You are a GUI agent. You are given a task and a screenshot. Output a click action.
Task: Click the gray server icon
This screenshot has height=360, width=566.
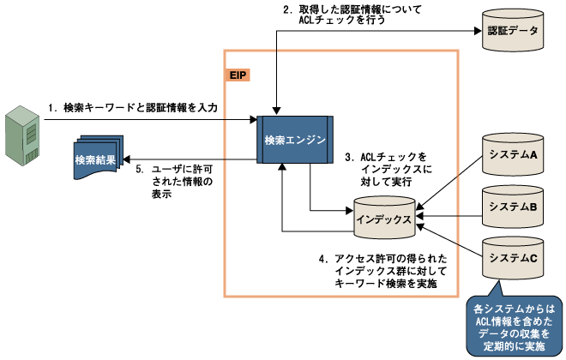pyautogui.click(x=23, y=135)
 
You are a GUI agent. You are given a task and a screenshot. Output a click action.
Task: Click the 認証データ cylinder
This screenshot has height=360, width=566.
pyautogui.click(x=512, y=33)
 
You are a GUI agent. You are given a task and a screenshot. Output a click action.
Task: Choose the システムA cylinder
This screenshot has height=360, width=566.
pyautogui.click(x=513, y=154)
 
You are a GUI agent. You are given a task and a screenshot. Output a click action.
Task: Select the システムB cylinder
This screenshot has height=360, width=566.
pyautogui.click(x=513, y=206)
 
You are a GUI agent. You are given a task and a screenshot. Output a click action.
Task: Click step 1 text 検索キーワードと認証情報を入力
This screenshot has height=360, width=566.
pyautogui.click(x=133, y=108)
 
